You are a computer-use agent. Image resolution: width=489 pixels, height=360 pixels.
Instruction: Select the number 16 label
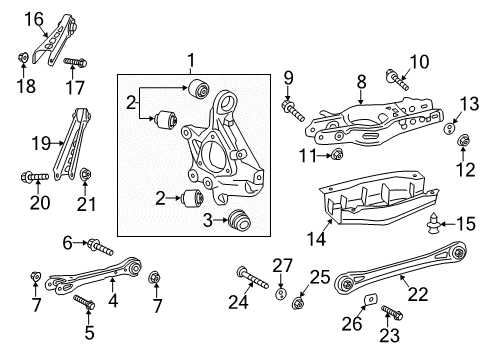click(x=35, y=17)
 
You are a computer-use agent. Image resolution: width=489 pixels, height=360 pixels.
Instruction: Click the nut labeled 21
click(x=86, y=179)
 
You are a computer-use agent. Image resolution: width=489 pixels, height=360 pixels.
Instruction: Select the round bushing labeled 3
click(x=238, y=221)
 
